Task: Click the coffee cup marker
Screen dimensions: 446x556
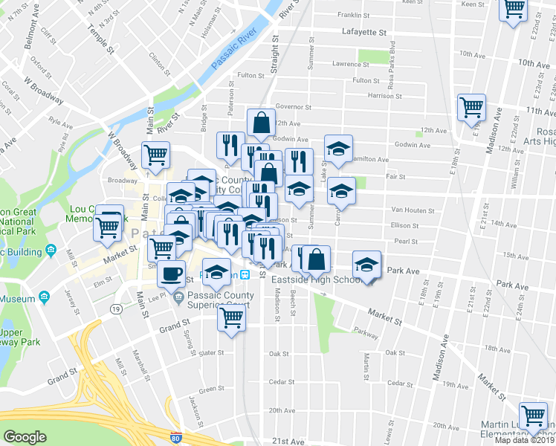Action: tap(172, 273)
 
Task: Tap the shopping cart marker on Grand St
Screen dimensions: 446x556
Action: tap(232, 319)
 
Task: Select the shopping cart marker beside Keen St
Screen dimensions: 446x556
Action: tap(514, 10)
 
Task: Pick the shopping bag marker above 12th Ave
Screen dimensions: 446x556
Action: tap(261, 123)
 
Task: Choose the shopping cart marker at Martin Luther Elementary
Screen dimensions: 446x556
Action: tap(533, 416)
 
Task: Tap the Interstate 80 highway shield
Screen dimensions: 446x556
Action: tap(176, 438)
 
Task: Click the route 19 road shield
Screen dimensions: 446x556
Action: tap(117, 308)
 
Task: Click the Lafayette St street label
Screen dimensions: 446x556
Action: tap(365, 33)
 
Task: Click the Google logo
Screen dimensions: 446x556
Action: tap(25, 436)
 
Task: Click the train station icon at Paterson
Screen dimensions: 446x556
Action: tap(265, 275)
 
